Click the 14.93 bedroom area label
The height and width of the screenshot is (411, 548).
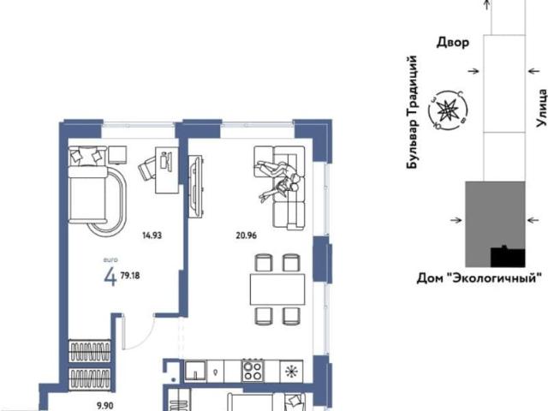click(x=152, y=235)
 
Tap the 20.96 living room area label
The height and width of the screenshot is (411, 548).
click(x=246, y=235)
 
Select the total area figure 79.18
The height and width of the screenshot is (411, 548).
click(x=130, y=276)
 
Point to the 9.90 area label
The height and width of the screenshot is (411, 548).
click(x=104, y=405)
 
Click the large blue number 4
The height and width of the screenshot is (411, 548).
click(x=110, y=277)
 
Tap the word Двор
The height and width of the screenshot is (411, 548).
click(x=453, y=43)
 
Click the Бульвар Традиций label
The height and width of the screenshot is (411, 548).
click(x=413, y=112)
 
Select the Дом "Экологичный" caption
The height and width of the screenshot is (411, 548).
click(x=479, y=278)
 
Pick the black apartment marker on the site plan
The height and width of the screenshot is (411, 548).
click(x=508, y=257)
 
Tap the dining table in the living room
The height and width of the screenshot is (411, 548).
click(x=277, y=289)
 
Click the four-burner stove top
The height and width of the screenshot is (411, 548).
click(x=253, y=371)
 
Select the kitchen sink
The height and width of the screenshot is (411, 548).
click(x=195, y=371)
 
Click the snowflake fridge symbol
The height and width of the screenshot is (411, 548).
click(x=291, y=372)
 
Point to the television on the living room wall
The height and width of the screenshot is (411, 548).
click(x=195, y=187)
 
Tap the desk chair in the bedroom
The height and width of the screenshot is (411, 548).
click(x=147, y=168)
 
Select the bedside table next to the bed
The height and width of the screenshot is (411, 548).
click(x=117, y=155)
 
